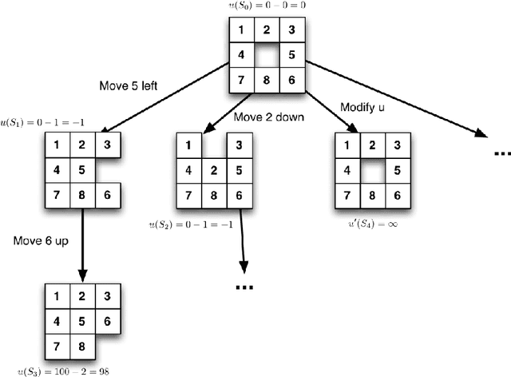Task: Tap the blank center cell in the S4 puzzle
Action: click(x=370, y=170)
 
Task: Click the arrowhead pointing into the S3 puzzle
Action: click(x=82, y=277)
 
